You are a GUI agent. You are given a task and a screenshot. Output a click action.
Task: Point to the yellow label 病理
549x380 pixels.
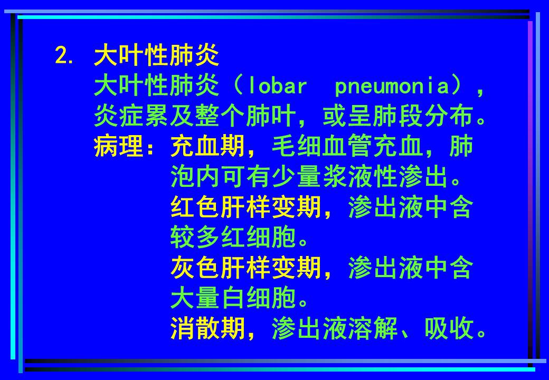pos(119,147)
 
